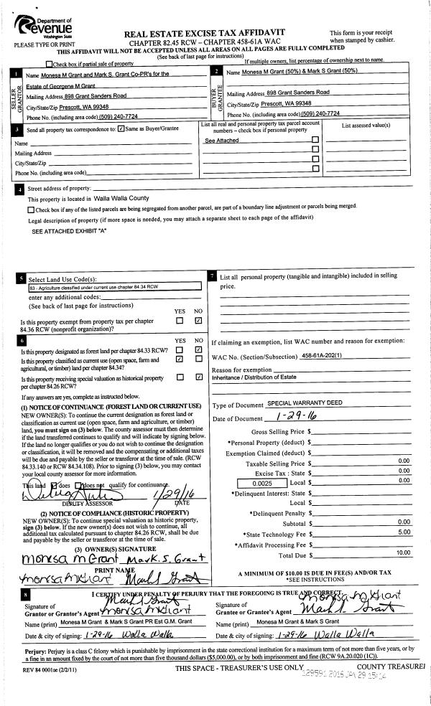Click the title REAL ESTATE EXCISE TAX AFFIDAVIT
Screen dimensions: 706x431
click(205, 34)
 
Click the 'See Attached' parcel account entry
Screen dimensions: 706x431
click(221, 141)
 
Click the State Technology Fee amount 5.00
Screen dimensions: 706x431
click(403, 532)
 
